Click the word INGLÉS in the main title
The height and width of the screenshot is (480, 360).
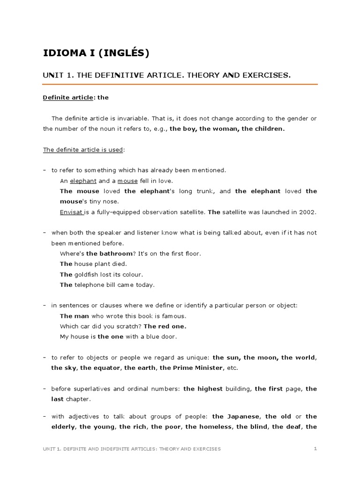pyautogui.click(x=124, y=53)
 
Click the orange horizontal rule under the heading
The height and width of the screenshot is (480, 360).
pyautogui.click(x=180, y=84)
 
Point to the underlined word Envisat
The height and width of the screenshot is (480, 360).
pyautogui.click(x=71, y=212)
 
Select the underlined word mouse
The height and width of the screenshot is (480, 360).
pyautogui.click(x=127, y=180)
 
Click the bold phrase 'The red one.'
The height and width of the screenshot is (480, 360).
pyautogui.click(x=165, y=326)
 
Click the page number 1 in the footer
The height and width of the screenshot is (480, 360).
pyautogui.click(x=315, y=449)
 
